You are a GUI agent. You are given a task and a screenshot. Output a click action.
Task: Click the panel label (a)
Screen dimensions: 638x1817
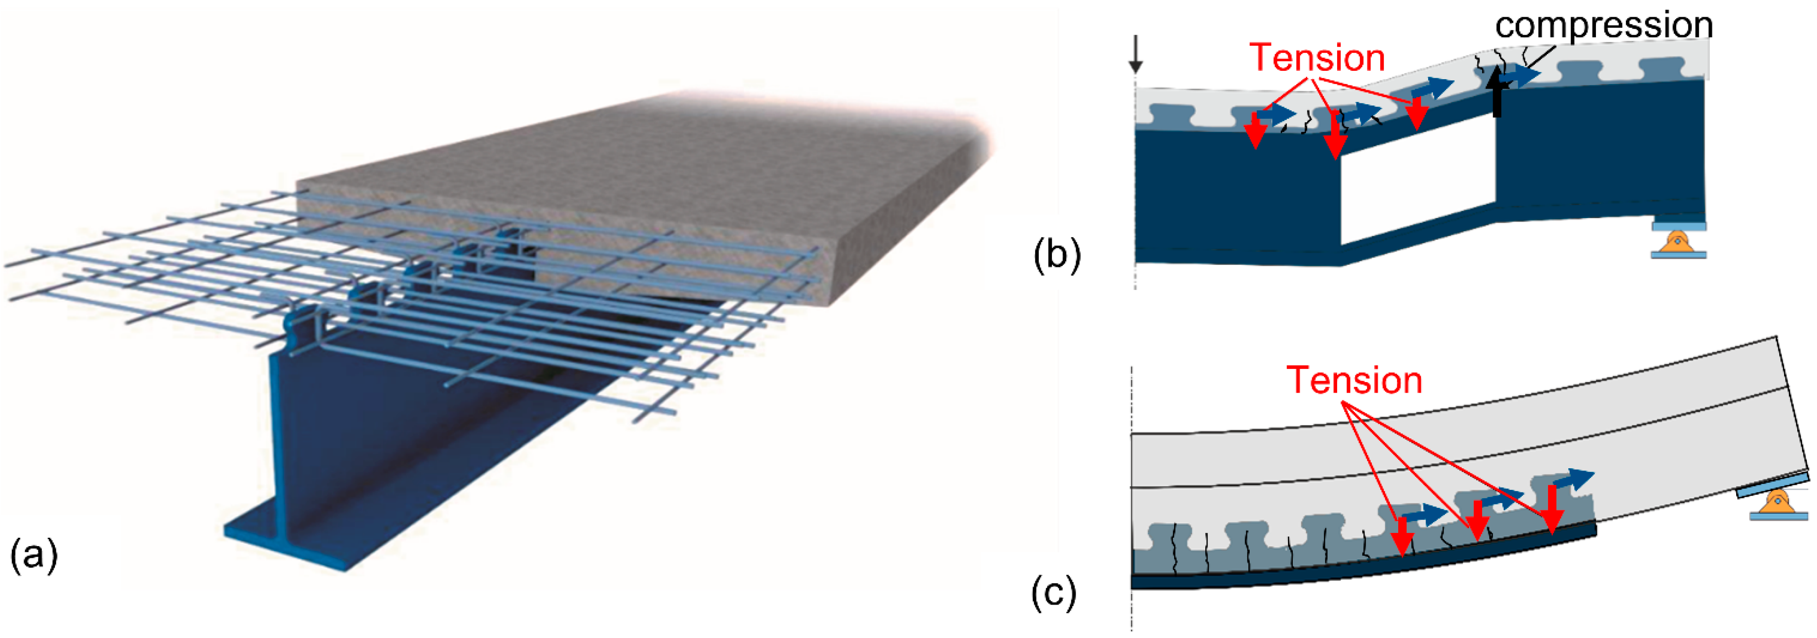point(33,555)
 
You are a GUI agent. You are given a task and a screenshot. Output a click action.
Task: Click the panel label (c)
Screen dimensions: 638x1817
point(1054,593)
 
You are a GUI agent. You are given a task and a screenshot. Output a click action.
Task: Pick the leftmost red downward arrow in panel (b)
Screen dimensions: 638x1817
point(1255,131)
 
